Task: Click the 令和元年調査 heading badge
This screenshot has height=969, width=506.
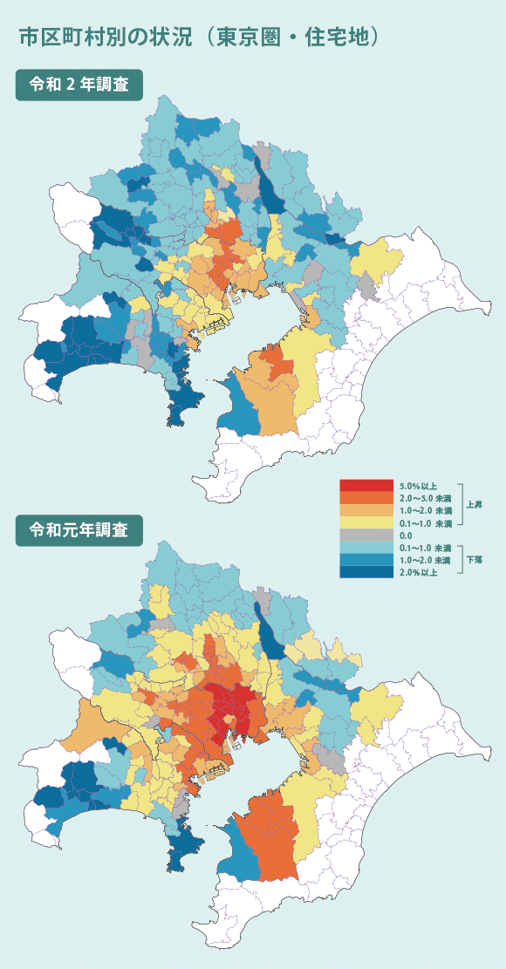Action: coord(79,530)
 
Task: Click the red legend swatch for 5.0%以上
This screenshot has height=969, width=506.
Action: coord(366,485)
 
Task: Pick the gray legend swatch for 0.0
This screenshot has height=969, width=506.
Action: coord(366,535)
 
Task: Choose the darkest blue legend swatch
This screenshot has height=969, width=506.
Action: coord(366,572)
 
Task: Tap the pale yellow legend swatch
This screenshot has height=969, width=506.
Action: coord(366,522)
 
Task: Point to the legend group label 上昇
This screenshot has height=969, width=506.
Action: coord(475,504)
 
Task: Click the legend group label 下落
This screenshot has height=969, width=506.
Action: coord(475,559)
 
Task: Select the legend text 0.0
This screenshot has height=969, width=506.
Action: coord(406,535)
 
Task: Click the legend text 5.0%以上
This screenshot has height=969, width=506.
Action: coord(418,485)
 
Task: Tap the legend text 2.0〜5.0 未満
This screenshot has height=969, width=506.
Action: coord(425,497)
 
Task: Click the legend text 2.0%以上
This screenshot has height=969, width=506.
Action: coord(418,572)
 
